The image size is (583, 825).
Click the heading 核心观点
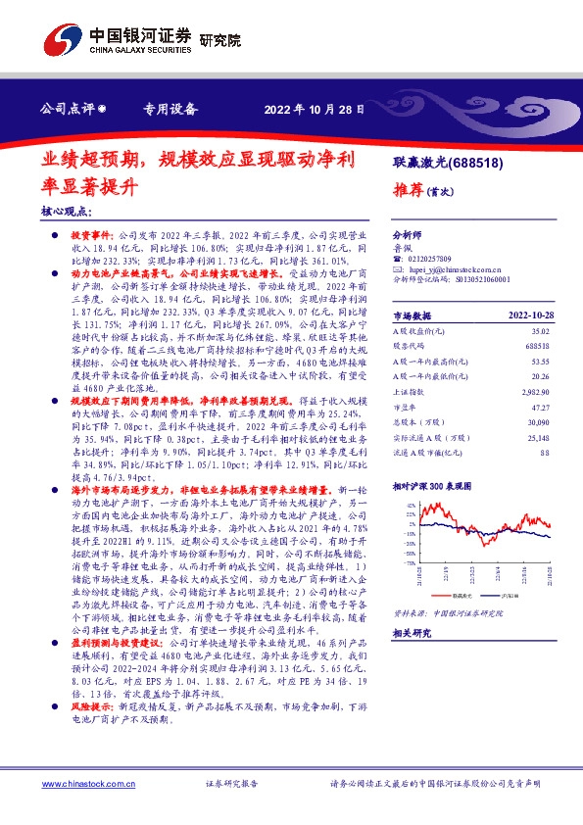point(67,211)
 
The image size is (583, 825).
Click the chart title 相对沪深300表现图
point(435,458)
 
